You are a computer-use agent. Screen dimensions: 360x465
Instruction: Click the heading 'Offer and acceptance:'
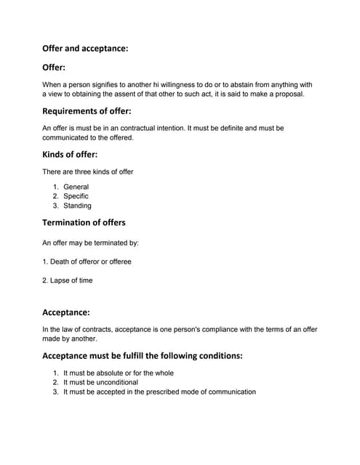pos(85,49)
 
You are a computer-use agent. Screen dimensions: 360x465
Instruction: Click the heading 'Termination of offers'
pos(84,222)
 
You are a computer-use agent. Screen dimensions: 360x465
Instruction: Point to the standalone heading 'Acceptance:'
pos(66,312)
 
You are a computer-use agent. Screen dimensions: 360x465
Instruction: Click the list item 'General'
pos(76,187)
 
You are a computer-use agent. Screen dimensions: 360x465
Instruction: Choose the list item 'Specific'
pos(76,196)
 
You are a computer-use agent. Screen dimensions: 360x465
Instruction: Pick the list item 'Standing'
pos(77,206)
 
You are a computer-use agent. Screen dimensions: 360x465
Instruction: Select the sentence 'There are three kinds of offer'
pos(88,171)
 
